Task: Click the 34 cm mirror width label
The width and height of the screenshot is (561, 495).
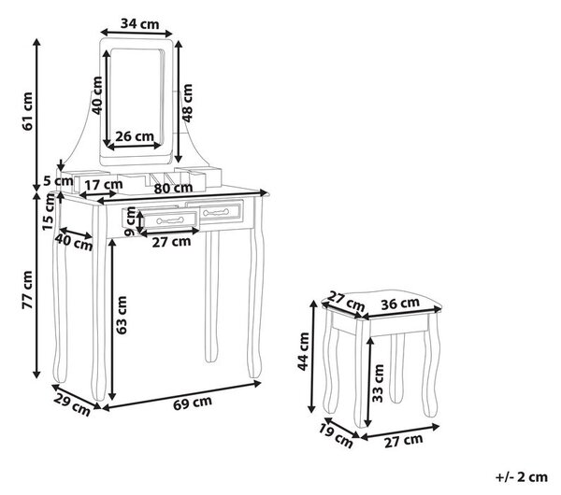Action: (x=139, y=24)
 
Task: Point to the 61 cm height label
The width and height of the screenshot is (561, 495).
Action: (x=27, y=111)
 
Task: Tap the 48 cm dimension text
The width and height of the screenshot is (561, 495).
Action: (x=187, y=104)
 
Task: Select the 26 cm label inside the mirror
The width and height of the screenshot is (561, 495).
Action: (x=135, y=136)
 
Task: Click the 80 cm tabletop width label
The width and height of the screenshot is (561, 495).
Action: (x=173, y=188)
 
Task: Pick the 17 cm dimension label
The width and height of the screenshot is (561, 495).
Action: (x=104, y=185)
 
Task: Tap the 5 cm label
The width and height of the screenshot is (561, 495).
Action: (x=58, y=181)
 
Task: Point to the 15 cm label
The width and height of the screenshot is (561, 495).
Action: (x=49, y=212)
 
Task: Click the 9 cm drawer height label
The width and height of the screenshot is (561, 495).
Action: (x=131, y=221)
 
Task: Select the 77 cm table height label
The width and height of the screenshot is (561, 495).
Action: (x=27, y=290)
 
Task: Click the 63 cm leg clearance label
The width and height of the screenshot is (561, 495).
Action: (x=122, y=315)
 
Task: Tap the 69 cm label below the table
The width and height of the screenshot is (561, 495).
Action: (x=193, y=403)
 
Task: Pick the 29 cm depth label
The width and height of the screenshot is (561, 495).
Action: (x=72, y=405)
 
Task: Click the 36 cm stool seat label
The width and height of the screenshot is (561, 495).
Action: (x=400, y=304)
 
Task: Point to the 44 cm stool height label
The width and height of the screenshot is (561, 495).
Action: (x=303, y=351)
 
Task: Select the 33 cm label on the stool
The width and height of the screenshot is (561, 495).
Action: (x=378, y=383)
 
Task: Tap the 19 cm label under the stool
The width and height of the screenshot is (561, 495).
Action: (x=336, y=436)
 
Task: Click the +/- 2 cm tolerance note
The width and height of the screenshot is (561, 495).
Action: (x=522, y=477)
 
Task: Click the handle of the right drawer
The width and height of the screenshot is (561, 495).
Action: (x=216, y=212)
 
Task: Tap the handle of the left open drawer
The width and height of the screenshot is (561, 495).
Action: (x=170, y=220)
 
